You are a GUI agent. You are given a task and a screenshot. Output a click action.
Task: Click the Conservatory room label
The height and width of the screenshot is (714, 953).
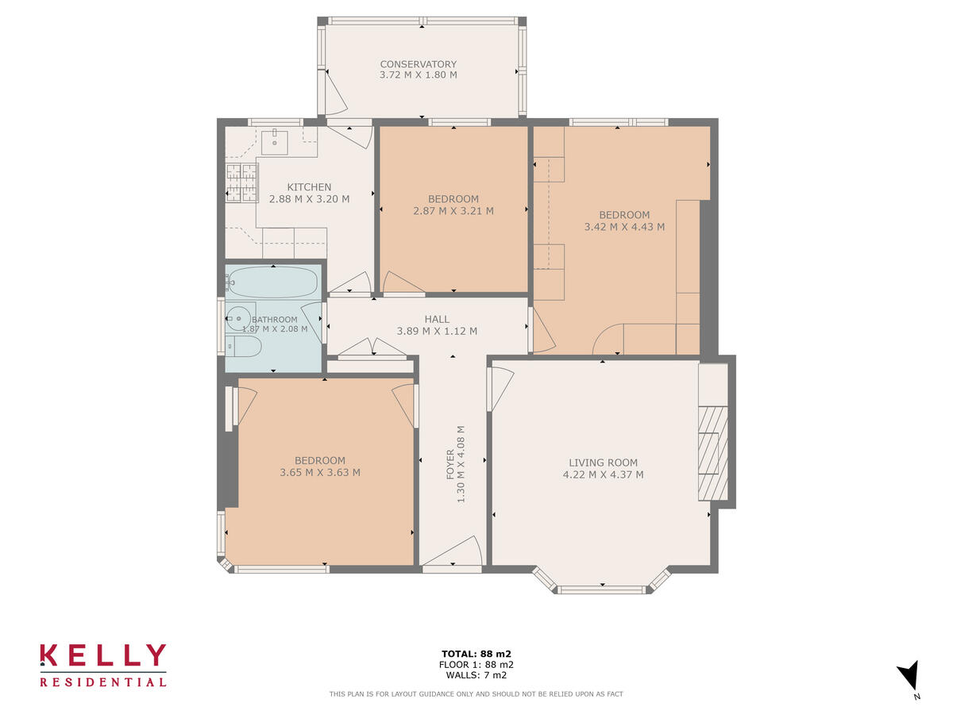click(418, 64)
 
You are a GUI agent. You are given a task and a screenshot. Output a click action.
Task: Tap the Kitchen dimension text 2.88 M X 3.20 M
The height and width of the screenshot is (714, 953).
click(309, 199)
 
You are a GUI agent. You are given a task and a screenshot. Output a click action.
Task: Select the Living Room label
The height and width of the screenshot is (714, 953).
click(603, 463)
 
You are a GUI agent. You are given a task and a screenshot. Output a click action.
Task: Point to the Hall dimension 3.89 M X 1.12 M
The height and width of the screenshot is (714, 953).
click(437, 332)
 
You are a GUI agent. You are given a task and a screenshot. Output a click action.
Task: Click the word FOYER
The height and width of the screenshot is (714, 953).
click(450, 465)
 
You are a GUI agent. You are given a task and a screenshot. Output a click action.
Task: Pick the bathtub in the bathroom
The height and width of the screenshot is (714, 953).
click(273, 281)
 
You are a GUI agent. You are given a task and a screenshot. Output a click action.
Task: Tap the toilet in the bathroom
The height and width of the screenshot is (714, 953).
click(243, 345)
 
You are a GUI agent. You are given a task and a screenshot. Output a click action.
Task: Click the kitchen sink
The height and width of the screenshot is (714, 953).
click(275, 141)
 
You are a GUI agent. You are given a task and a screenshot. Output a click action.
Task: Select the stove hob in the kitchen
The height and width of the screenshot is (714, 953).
click(241, 182)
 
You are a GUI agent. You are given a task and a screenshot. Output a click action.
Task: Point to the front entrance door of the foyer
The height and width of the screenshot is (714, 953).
click(452, 555)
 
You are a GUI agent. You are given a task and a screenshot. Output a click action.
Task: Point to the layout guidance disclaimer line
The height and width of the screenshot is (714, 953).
click(476, 694)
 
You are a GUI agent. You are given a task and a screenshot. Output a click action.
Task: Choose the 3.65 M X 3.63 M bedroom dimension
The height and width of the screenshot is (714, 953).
click(320, 473)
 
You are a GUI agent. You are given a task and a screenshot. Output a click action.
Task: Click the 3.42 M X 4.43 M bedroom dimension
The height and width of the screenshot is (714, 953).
click(624, 227)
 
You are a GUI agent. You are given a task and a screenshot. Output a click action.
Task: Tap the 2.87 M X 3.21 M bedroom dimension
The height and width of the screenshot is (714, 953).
click(453, 211)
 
